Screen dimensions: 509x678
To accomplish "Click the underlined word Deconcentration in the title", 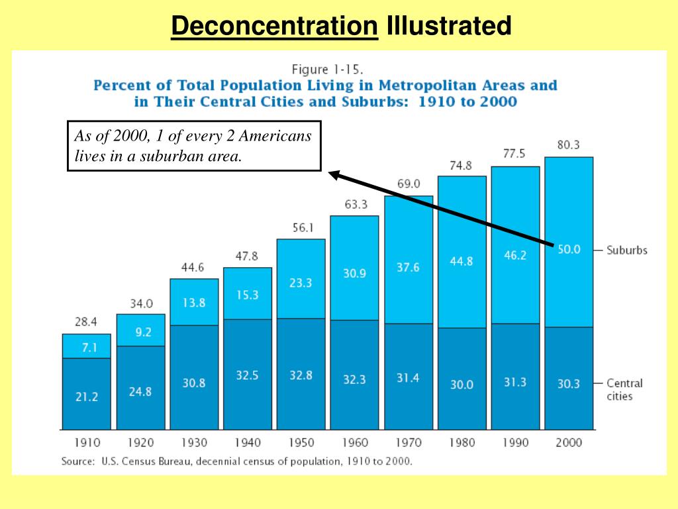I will (274, 27).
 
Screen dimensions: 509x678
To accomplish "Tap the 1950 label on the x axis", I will (301, 442).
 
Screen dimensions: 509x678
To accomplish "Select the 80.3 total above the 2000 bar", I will (568, 145).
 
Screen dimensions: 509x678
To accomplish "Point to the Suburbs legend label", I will (626, 251).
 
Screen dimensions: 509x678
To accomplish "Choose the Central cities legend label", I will (624, 390).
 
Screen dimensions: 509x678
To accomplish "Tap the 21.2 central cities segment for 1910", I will (86, 396).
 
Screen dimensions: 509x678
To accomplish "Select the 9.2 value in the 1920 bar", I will (140, 333).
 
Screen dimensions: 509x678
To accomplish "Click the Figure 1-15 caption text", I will (328, 69).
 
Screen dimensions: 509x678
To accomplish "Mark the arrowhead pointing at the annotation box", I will (334, 175).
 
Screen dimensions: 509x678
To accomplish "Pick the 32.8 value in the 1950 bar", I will (301, 375).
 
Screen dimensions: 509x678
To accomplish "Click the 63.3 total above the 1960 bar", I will (355, 205).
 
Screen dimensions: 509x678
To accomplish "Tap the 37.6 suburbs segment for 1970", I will (409, 267).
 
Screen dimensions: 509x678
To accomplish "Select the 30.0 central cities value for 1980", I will (461, 384).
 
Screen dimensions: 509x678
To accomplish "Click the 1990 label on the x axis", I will (515, 442).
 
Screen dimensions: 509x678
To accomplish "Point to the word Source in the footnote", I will (77, 461).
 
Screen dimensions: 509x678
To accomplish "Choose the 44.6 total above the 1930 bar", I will (193, 268).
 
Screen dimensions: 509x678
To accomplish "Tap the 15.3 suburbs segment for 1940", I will (247, 295).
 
